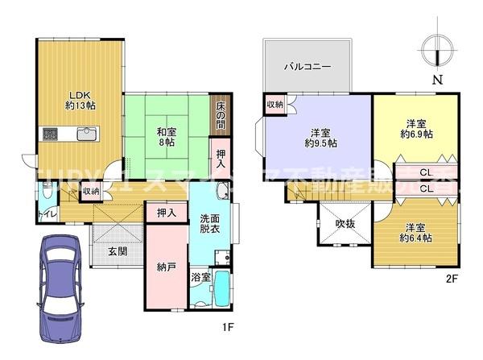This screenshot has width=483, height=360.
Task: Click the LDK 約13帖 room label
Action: pyautogui.click(x=78, y=97)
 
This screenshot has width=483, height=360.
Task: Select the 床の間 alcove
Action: pyautogui.click(x=221, y=115)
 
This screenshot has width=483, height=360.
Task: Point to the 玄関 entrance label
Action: pyautogui.click(x=118, y=250)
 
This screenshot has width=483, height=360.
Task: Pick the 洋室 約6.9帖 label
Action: pyautogui.click(x=415, y=129)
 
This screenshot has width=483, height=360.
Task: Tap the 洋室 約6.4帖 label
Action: pyautogui.click(x=415, y=233)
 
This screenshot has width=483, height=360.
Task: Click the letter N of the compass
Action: pyautogui.click(x=438, y=80)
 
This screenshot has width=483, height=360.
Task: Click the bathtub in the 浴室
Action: pyautogui.click(x=220, y=289)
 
